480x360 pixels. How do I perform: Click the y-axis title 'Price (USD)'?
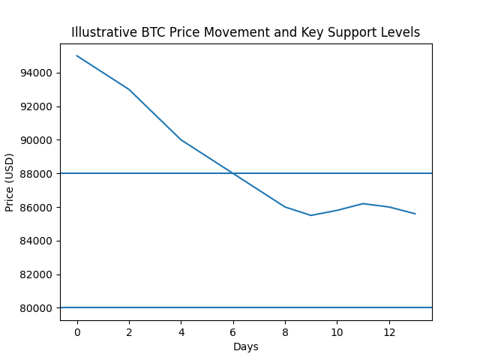click(10, 182)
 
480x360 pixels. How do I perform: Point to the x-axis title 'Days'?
click(246, 346)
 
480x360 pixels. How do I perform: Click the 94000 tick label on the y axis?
click(37, 73)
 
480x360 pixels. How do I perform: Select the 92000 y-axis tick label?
click(37, 106)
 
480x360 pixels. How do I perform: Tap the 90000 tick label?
click(37, 140)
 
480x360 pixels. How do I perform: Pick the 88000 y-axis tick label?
click(37, 174)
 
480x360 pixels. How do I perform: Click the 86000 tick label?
click(37, 207)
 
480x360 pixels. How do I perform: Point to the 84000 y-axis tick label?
click(37, 241)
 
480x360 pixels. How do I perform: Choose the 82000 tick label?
click(37, 274)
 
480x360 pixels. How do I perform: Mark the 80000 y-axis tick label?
click(37, 308)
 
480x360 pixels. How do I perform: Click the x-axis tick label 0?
click(77, 332)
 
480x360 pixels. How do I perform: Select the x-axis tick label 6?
click(233, 332)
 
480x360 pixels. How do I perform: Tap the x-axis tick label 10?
click(337, 332)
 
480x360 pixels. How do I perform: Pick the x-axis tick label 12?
click(389, 332)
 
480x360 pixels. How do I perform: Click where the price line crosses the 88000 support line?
click(233, 173)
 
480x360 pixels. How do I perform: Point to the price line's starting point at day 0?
click(77, 55)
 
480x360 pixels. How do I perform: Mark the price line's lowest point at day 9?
click(311, 215)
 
